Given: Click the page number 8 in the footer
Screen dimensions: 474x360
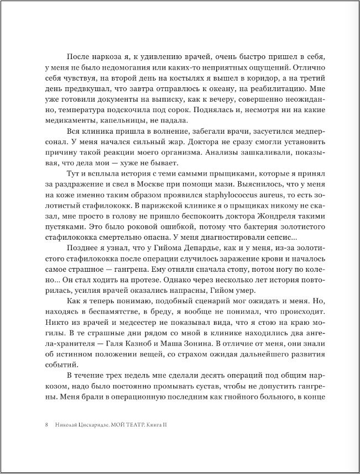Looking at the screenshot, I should click(46, 426).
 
